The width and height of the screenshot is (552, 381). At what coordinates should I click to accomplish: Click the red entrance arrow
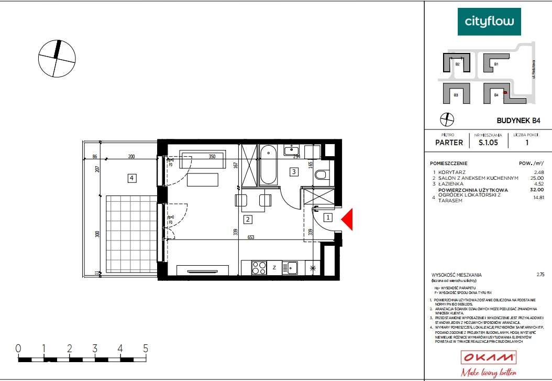point(348,219)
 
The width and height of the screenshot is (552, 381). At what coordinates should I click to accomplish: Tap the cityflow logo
point(489,22)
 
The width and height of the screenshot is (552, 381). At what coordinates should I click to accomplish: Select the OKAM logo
point(488,358)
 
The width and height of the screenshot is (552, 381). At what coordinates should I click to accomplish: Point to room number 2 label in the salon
point(248,220)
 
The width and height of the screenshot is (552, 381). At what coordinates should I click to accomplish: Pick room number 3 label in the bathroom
point(294,171)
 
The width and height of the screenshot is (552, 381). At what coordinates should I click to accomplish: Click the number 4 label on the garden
point(132,178)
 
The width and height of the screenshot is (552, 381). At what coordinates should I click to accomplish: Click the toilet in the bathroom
point(321,175)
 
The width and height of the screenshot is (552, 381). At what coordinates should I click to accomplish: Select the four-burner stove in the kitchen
point(259,268)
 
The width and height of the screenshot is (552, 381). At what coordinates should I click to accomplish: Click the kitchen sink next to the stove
point(290,268)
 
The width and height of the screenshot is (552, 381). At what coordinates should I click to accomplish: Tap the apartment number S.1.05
point(487,142)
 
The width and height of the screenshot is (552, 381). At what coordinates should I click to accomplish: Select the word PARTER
point(449,142)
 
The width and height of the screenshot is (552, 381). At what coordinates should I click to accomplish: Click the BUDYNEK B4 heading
point(517,121)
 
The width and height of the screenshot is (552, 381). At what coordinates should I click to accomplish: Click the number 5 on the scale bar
point(145,349)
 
